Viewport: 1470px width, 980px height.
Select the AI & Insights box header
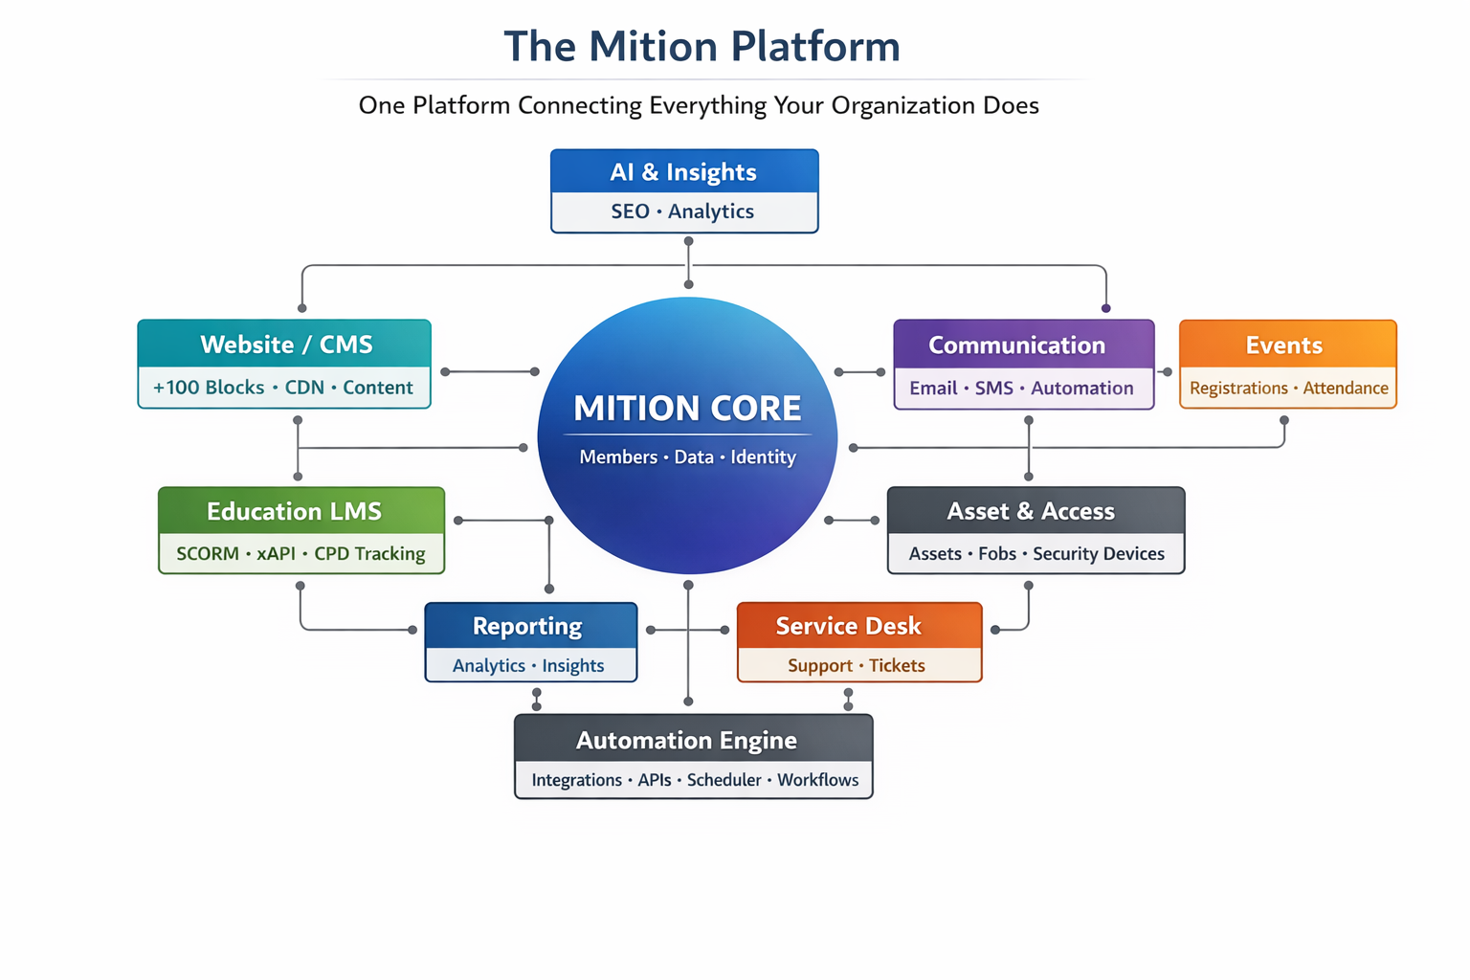click(x=683, y=172)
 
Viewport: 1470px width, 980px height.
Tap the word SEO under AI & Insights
click(x=630, y=212)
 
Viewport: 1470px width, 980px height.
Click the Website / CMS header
click(x=286, y=345)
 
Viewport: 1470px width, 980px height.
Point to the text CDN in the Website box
click(x=304, y=388)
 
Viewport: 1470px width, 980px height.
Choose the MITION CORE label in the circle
click(x=687, y=409)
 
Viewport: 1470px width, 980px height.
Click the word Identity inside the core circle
click(x=763, y=457)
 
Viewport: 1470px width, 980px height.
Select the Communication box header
click(x=1016, y=345)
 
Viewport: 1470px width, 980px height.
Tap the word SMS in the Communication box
click(x=993, y=389)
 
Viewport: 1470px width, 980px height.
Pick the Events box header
click(x=1283, y=345)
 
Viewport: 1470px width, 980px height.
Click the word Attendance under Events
click(x=1345, y=389)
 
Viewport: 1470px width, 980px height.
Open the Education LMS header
click(x=294, y=512)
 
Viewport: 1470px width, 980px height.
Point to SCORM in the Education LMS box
click(x=208, y=554)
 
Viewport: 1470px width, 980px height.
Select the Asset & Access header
click(x=1031, y=512)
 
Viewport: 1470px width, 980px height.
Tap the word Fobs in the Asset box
click(x=996, y=554)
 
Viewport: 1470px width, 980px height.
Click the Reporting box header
click(x=527, y=626)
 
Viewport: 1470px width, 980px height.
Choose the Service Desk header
click(x=848, y=626)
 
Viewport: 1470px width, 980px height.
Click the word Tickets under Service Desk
click(x=897, y=666)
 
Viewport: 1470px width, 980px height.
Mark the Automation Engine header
click(x=686, y=741)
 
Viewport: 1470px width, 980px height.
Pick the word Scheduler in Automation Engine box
click(x=724, y=780)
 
